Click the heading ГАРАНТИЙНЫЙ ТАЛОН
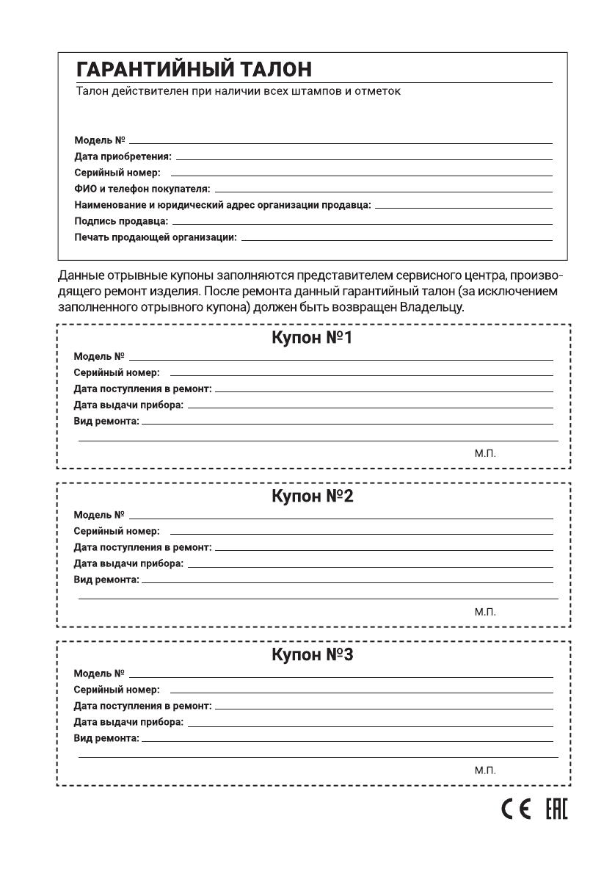(194, 70)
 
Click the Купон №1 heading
(313, 339)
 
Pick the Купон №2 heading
(313, 496)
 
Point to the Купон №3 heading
(313, 654)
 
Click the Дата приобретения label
(123, 156)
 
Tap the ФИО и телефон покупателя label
(142, 189)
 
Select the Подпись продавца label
(121, 220)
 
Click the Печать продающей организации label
(155, 236)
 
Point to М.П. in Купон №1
(485, 453)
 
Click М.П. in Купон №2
(485, 611)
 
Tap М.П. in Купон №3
(485, 769)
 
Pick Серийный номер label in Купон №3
(117, 690)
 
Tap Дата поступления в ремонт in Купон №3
(142, 706)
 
